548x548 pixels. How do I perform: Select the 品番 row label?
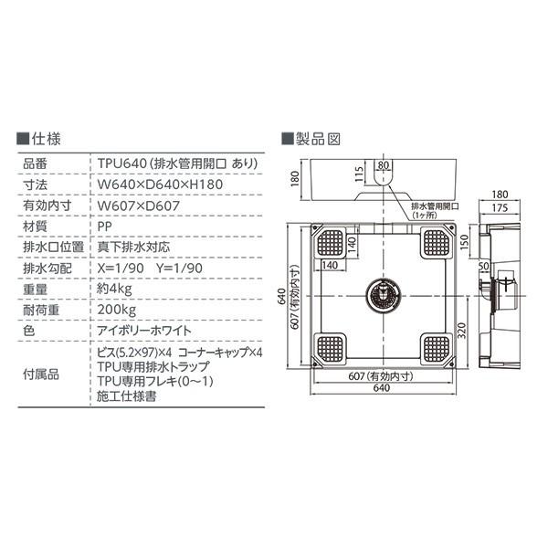(34, 163)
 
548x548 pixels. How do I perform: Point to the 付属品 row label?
(40, 374)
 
